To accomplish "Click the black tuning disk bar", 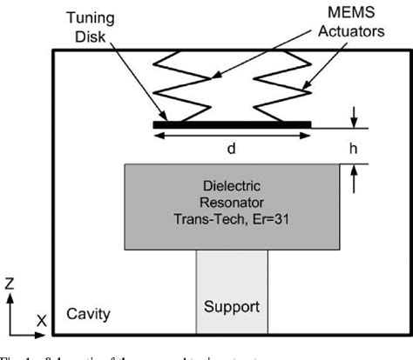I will (232, 124).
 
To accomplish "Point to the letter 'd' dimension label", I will (232, 149).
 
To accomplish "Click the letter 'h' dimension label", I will (355, 149).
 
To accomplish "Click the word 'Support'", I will (231, 308).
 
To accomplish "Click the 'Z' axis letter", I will (9, 283).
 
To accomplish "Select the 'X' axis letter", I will (41, 320).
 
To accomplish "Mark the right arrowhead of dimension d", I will (307, 135).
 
